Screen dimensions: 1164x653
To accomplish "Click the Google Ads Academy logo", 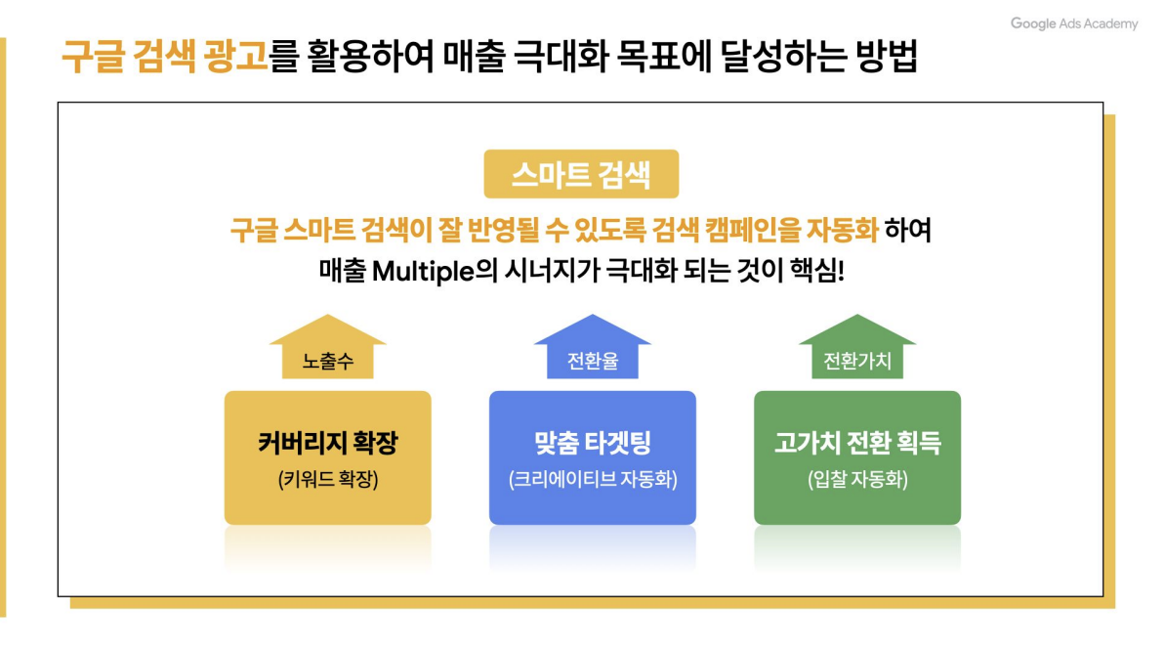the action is click(x=1074, y=23).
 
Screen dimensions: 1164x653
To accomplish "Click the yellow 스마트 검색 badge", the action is click(x=581, y=174).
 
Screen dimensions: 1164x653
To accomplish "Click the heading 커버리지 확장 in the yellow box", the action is click(x=328, y=443).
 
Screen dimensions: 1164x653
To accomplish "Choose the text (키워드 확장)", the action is click(x=328, y=480).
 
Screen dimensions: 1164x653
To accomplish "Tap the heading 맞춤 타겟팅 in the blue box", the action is click(x=593, y=443).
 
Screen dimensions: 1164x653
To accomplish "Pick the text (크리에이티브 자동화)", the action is click(x=593, y=480).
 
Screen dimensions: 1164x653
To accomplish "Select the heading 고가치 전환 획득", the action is click(x=857, y=443).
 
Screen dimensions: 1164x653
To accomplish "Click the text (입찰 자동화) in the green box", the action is click(x=857, y=480).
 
